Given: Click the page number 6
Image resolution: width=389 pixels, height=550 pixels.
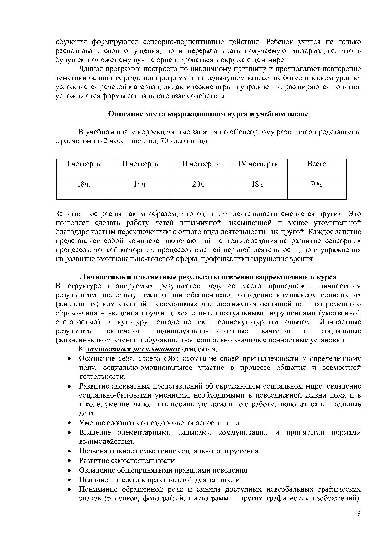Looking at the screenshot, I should (359, 514).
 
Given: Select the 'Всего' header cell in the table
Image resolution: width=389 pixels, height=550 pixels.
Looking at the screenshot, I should (317, 164).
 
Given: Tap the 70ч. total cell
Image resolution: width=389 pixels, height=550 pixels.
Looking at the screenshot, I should (317, 184).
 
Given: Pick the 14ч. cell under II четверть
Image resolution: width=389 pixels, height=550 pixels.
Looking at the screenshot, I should (140, 184).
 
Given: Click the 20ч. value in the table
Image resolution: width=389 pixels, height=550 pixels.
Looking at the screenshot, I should (199, 184).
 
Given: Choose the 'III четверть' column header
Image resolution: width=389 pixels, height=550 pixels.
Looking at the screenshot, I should (199, 164).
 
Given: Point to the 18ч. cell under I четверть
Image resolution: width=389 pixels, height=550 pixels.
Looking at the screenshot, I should (84, 184).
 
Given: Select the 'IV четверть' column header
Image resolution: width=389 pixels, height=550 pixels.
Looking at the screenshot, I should (258, 164).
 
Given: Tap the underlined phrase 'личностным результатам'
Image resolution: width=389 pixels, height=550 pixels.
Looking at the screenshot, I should (133, 349).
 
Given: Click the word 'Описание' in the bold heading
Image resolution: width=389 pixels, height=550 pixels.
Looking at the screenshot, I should (123, 114).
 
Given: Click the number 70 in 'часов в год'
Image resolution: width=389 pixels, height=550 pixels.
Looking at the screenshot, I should (164, 141).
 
